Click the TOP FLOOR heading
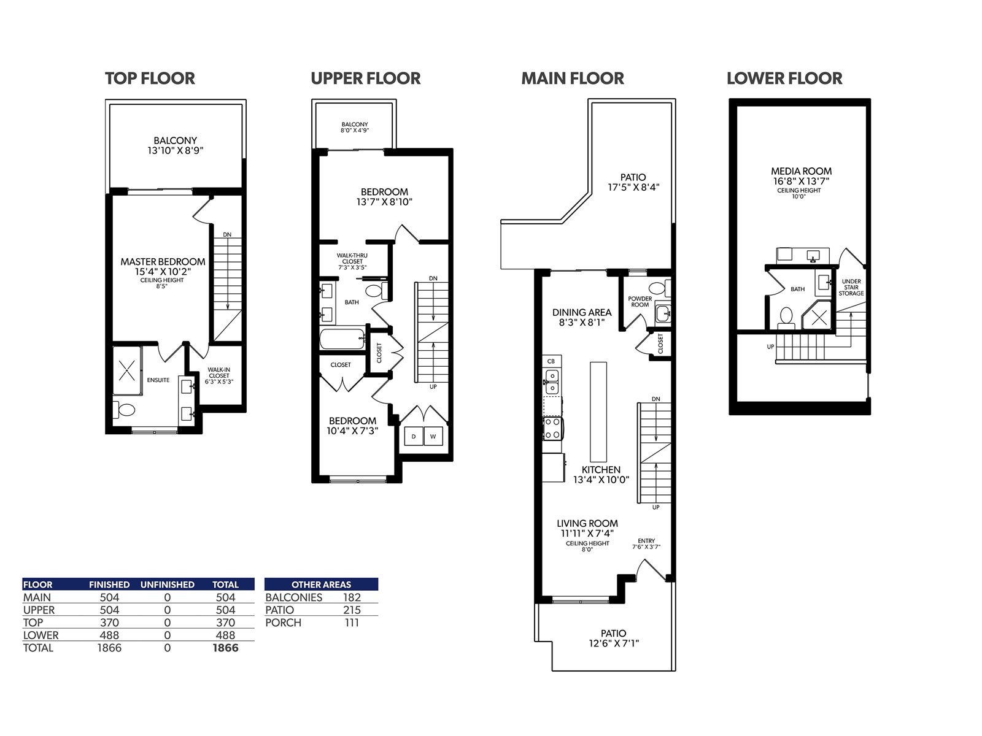(150, 79)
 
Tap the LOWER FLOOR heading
(784, 79)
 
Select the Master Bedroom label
(163, 261)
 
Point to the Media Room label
(802, 171)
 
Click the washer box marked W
(433, 436)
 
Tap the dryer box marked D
(414, 436)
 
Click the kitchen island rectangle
(598, 412)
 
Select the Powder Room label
(640, 302)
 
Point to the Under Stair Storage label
(851, 287)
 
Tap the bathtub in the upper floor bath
(342, 339)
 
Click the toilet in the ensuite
(125, 409)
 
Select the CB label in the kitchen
(551, 361)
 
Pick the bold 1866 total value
(225, 648)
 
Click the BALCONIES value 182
(352, 597)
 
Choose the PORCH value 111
(352, 623)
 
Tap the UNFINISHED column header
(168, 585)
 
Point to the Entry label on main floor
(646, 541)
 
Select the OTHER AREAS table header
(321, 585)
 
